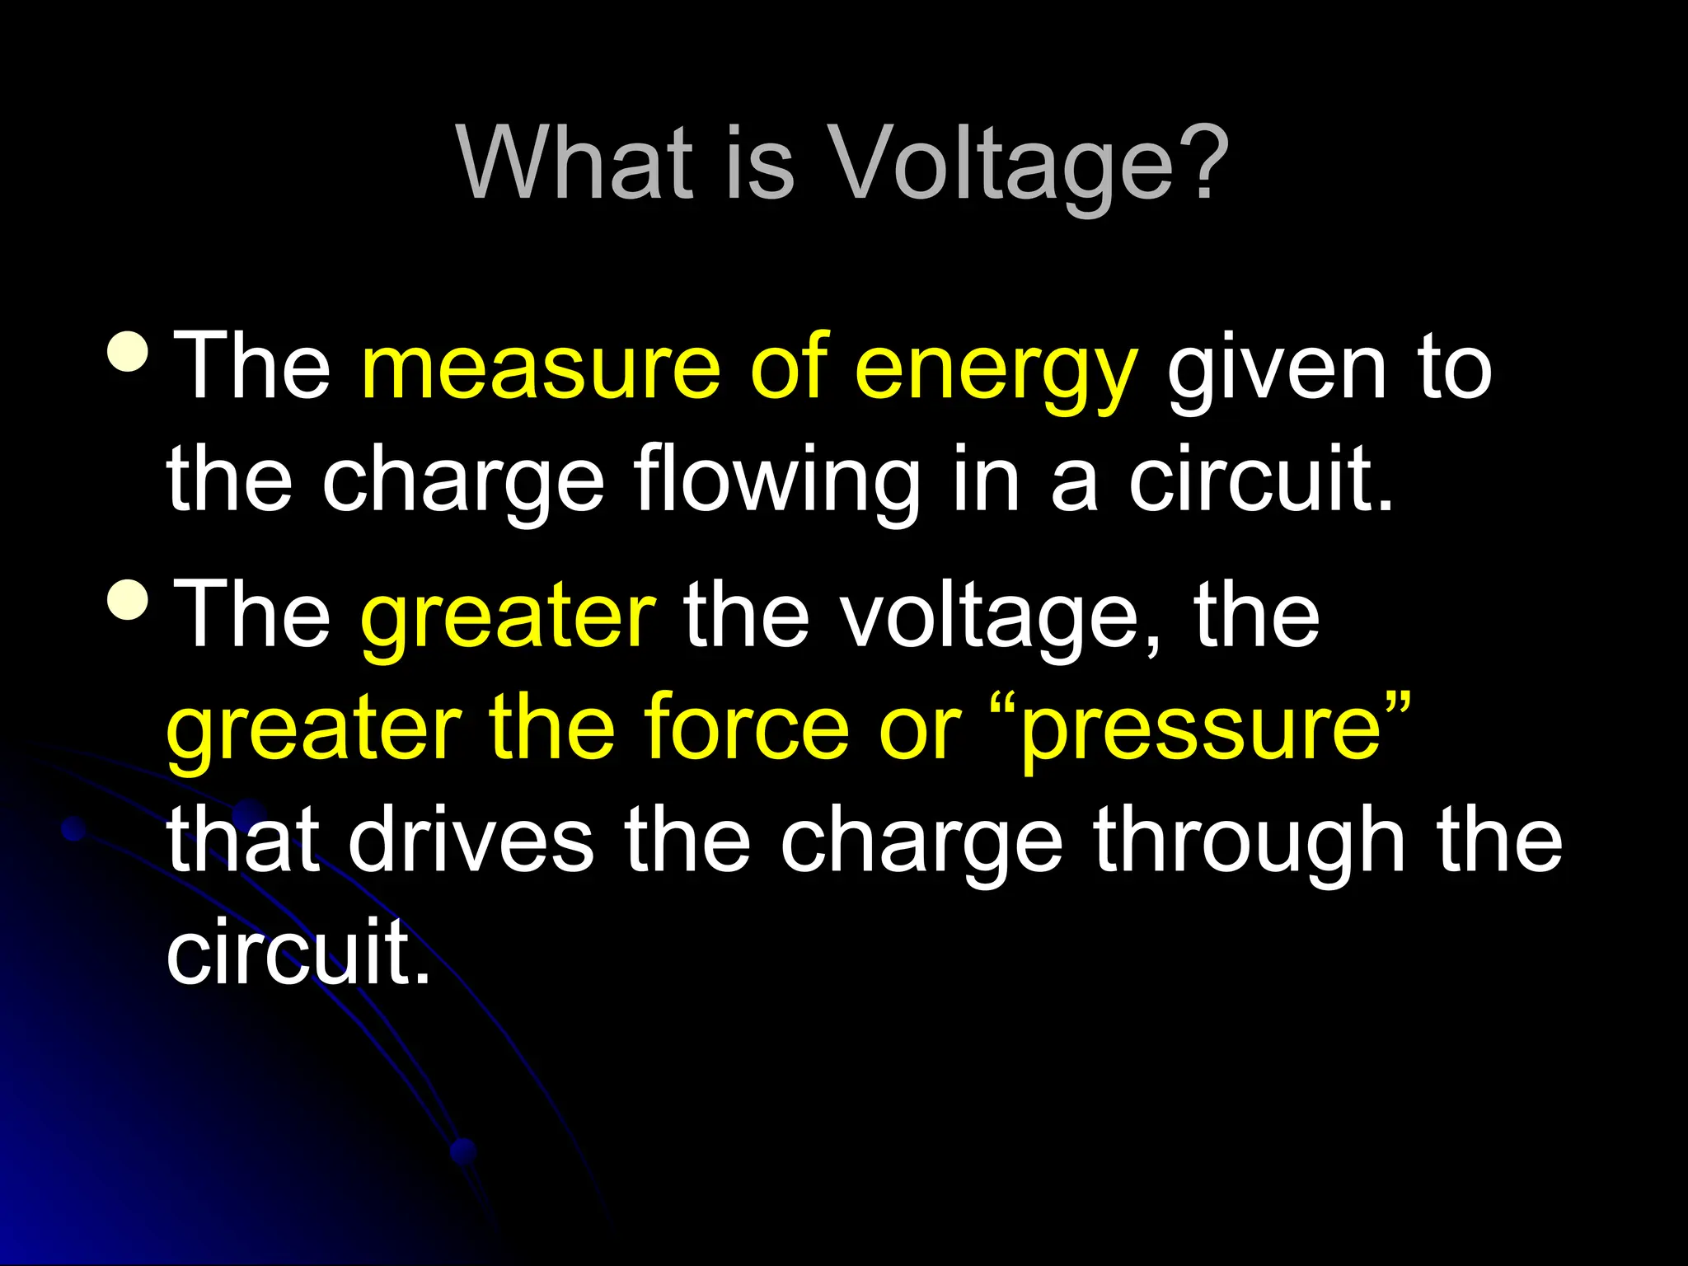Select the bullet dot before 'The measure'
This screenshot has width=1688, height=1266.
click(x=128, y=351)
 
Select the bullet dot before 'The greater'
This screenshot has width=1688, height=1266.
click(x=128, y=599)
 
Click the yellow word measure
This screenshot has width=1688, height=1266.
click(x=541, y=367)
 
